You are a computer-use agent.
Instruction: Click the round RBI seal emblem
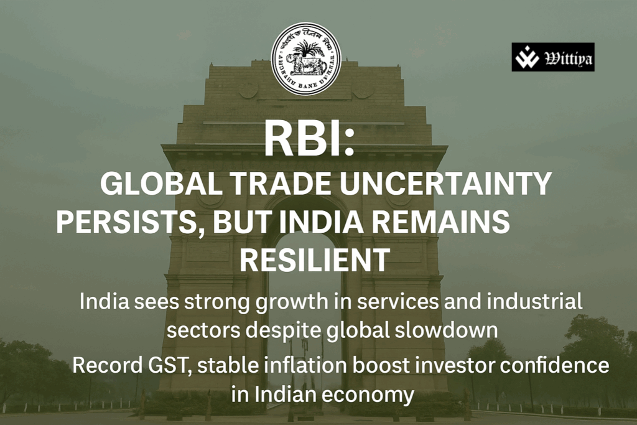click(306, 58)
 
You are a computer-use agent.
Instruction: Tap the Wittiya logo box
click(552, 57)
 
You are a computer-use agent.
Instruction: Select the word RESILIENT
click(315, 260)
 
